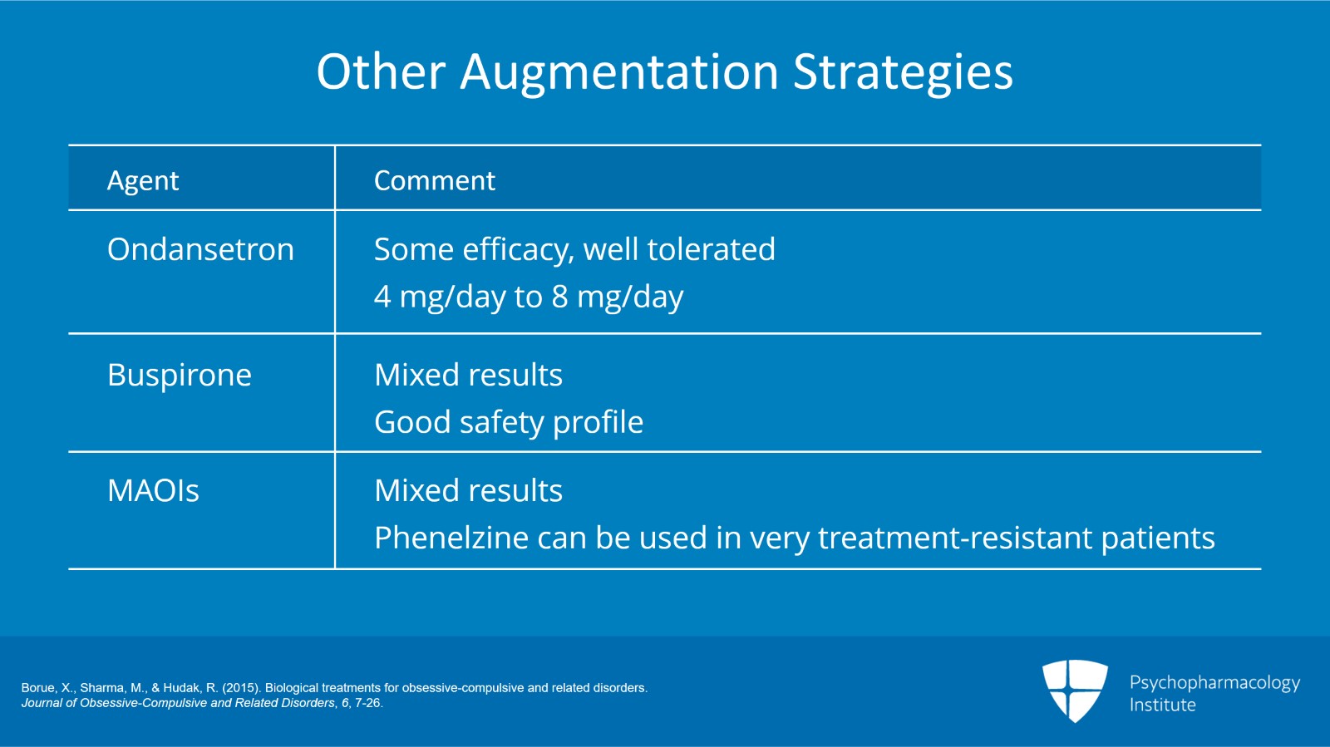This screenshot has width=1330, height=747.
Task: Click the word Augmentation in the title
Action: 619,71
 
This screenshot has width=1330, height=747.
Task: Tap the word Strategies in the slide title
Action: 903,71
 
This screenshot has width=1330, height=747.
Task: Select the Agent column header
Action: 143,180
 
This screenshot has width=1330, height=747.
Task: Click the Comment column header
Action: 434,180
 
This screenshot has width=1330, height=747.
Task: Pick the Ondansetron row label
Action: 200,249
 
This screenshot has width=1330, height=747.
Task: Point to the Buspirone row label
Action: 180,375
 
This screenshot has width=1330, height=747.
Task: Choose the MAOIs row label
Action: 153,490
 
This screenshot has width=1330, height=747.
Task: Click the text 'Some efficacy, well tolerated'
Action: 574,249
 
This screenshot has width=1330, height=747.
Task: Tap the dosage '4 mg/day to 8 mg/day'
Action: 529,297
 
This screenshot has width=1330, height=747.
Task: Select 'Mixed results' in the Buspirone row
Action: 468,375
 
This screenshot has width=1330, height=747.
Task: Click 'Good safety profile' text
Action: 509,422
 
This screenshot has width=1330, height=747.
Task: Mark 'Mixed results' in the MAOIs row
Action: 468,490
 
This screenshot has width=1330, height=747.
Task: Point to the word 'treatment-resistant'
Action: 955,538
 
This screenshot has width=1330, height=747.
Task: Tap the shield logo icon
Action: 1075,690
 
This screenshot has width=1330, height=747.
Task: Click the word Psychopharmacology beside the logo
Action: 1214,683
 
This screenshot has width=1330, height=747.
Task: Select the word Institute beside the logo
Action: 1162,705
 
